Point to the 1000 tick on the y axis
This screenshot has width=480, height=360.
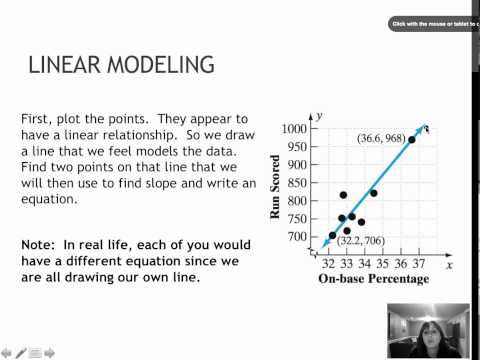tap(293, 129)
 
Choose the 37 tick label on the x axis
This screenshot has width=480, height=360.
tap(418, 264)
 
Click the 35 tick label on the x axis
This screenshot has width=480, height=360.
tap(383, 264)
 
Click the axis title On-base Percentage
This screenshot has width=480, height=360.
tap(373, 279)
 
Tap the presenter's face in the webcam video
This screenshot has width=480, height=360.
tap(423, 327)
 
